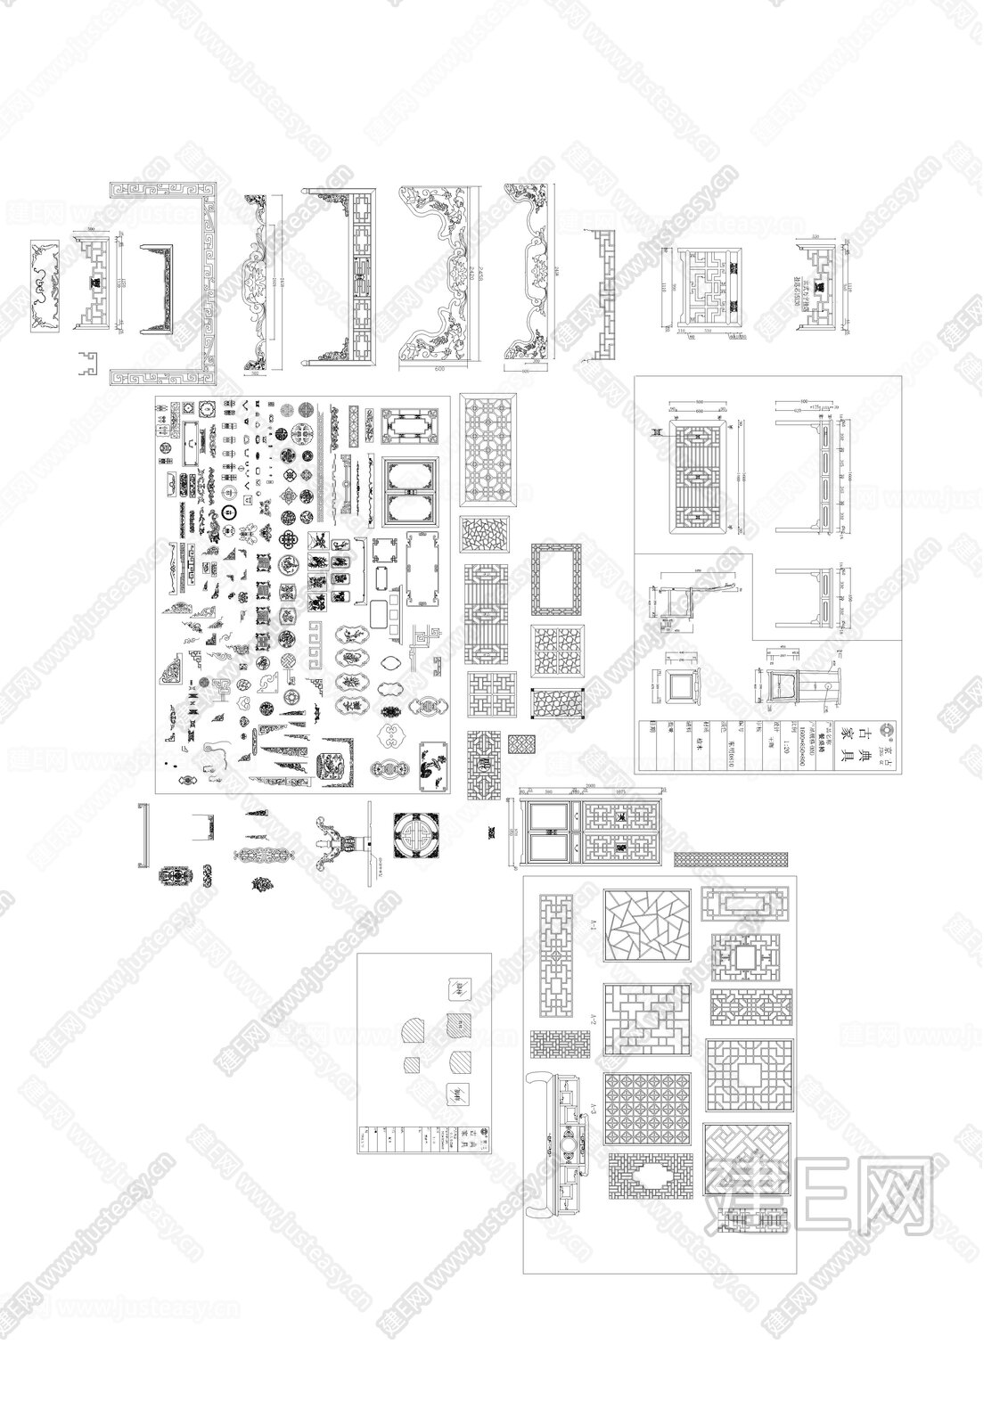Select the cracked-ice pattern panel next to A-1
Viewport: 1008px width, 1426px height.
tap(648, 925)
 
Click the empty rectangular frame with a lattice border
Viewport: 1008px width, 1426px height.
tap(556, 578)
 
